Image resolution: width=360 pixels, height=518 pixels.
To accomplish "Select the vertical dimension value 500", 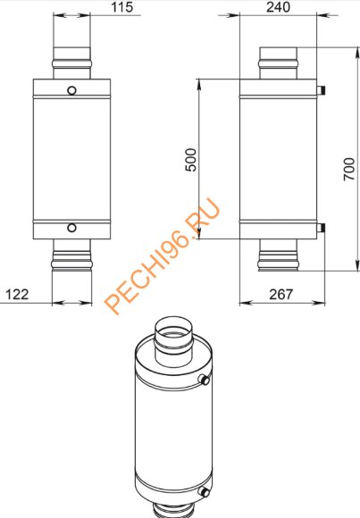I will coord(190,159).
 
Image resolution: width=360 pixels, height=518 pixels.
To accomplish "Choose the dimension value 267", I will coord(280,294).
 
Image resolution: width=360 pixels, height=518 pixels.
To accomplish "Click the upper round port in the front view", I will coord(71,90).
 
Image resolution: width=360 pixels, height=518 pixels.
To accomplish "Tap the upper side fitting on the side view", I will coord(322,89).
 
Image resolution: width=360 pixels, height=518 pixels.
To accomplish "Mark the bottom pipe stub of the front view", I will coord(71,263).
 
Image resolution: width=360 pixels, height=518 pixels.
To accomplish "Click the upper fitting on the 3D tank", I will coord(206,380).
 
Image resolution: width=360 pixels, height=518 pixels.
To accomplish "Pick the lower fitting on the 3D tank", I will coord(206,490).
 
